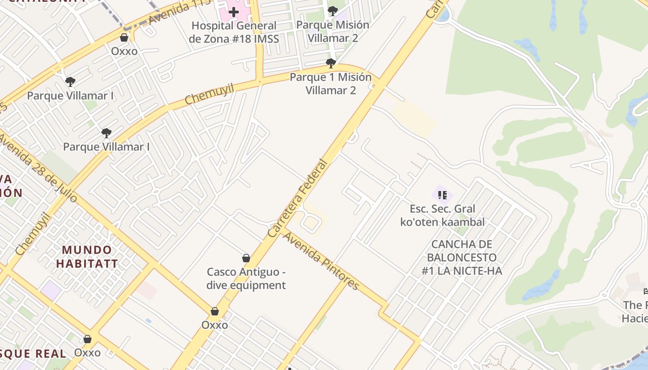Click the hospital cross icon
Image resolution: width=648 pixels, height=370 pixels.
(234, 12)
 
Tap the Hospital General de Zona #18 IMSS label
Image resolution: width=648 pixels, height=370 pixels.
(234, 32)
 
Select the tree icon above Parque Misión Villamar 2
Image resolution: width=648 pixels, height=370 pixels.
(332, 11)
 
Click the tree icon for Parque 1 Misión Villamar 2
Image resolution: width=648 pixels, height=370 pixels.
(330, 63)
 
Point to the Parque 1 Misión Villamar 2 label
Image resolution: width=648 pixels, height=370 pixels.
(330, 84)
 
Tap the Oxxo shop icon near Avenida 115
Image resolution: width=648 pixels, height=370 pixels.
(124, 37)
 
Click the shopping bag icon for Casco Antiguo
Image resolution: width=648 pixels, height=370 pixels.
(246, 258)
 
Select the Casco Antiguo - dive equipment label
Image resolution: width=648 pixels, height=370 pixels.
(246, 278)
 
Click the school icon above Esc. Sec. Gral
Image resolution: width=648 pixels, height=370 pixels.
(442, 195)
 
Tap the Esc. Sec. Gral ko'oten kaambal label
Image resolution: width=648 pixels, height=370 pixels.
(442, 216)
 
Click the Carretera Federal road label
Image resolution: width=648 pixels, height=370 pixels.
(297, 199)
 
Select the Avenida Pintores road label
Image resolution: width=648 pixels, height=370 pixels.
(321, 261)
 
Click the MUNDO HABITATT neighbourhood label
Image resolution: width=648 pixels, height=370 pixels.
(87, 257)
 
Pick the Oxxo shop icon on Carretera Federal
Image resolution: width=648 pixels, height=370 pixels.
(214, 311)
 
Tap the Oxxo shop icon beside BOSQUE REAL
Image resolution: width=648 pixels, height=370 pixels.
(87, 339)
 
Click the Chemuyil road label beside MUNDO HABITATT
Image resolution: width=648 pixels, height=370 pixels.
(32, 234)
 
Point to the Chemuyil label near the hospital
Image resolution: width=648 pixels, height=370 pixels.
(209, 94)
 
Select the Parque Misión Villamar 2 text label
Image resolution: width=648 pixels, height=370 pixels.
(332, 31)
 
